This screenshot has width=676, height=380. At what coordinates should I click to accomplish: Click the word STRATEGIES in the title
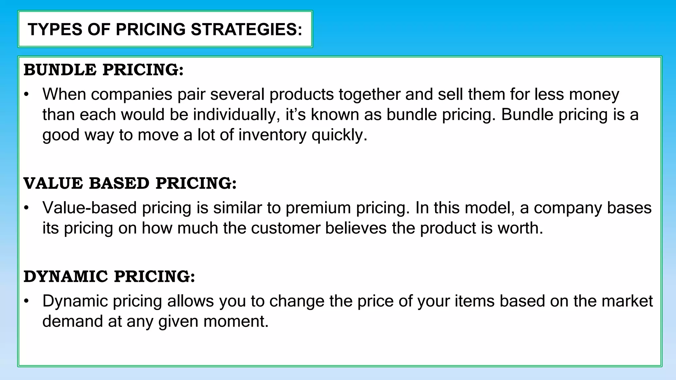[x=246, y=29]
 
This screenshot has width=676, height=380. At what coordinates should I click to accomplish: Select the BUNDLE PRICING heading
[x=104, y=70]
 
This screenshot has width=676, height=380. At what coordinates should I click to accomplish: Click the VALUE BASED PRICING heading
[x=130, y=183]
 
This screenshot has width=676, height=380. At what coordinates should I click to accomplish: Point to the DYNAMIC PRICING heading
[x=109, y=276]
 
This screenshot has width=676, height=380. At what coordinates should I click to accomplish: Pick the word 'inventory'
[x=272, y=135]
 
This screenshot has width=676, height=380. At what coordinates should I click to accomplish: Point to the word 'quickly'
[x=339, y=135]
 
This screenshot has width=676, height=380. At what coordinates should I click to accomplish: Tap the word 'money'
[x=594, y=95]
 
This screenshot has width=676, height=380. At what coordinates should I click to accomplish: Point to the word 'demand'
[x=73, y=322]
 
